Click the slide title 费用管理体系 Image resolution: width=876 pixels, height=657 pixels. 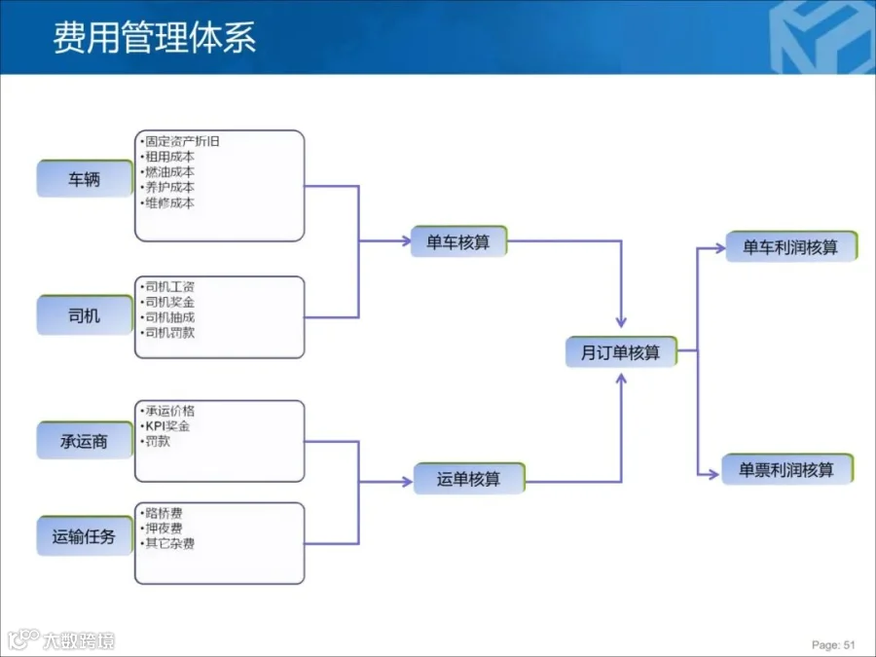[155, 36]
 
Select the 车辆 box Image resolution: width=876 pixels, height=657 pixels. [85, 179]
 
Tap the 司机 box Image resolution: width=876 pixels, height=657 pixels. [85, 315]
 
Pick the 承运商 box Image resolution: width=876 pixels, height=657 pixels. [85, 441]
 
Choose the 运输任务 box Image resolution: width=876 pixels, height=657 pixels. [85, 536]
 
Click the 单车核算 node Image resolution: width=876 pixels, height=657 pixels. [458, 242]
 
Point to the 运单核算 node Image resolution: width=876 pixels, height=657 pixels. [469, 479]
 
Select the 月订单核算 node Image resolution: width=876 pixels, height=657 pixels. [620, 352]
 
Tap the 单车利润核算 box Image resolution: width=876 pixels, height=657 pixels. [790, 247]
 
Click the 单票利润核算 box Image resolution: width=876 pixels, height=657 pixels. [786, 470]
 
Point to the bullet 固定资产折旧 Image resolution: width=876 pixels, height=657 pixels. [182, 141]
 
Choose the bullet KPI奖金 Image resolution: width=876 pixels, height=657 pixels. [167, 426]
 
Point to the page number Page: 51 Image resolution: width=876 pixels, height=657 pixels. [833, 644]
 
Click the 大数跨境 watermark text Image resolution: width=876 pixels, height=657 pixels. [78, 640]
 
